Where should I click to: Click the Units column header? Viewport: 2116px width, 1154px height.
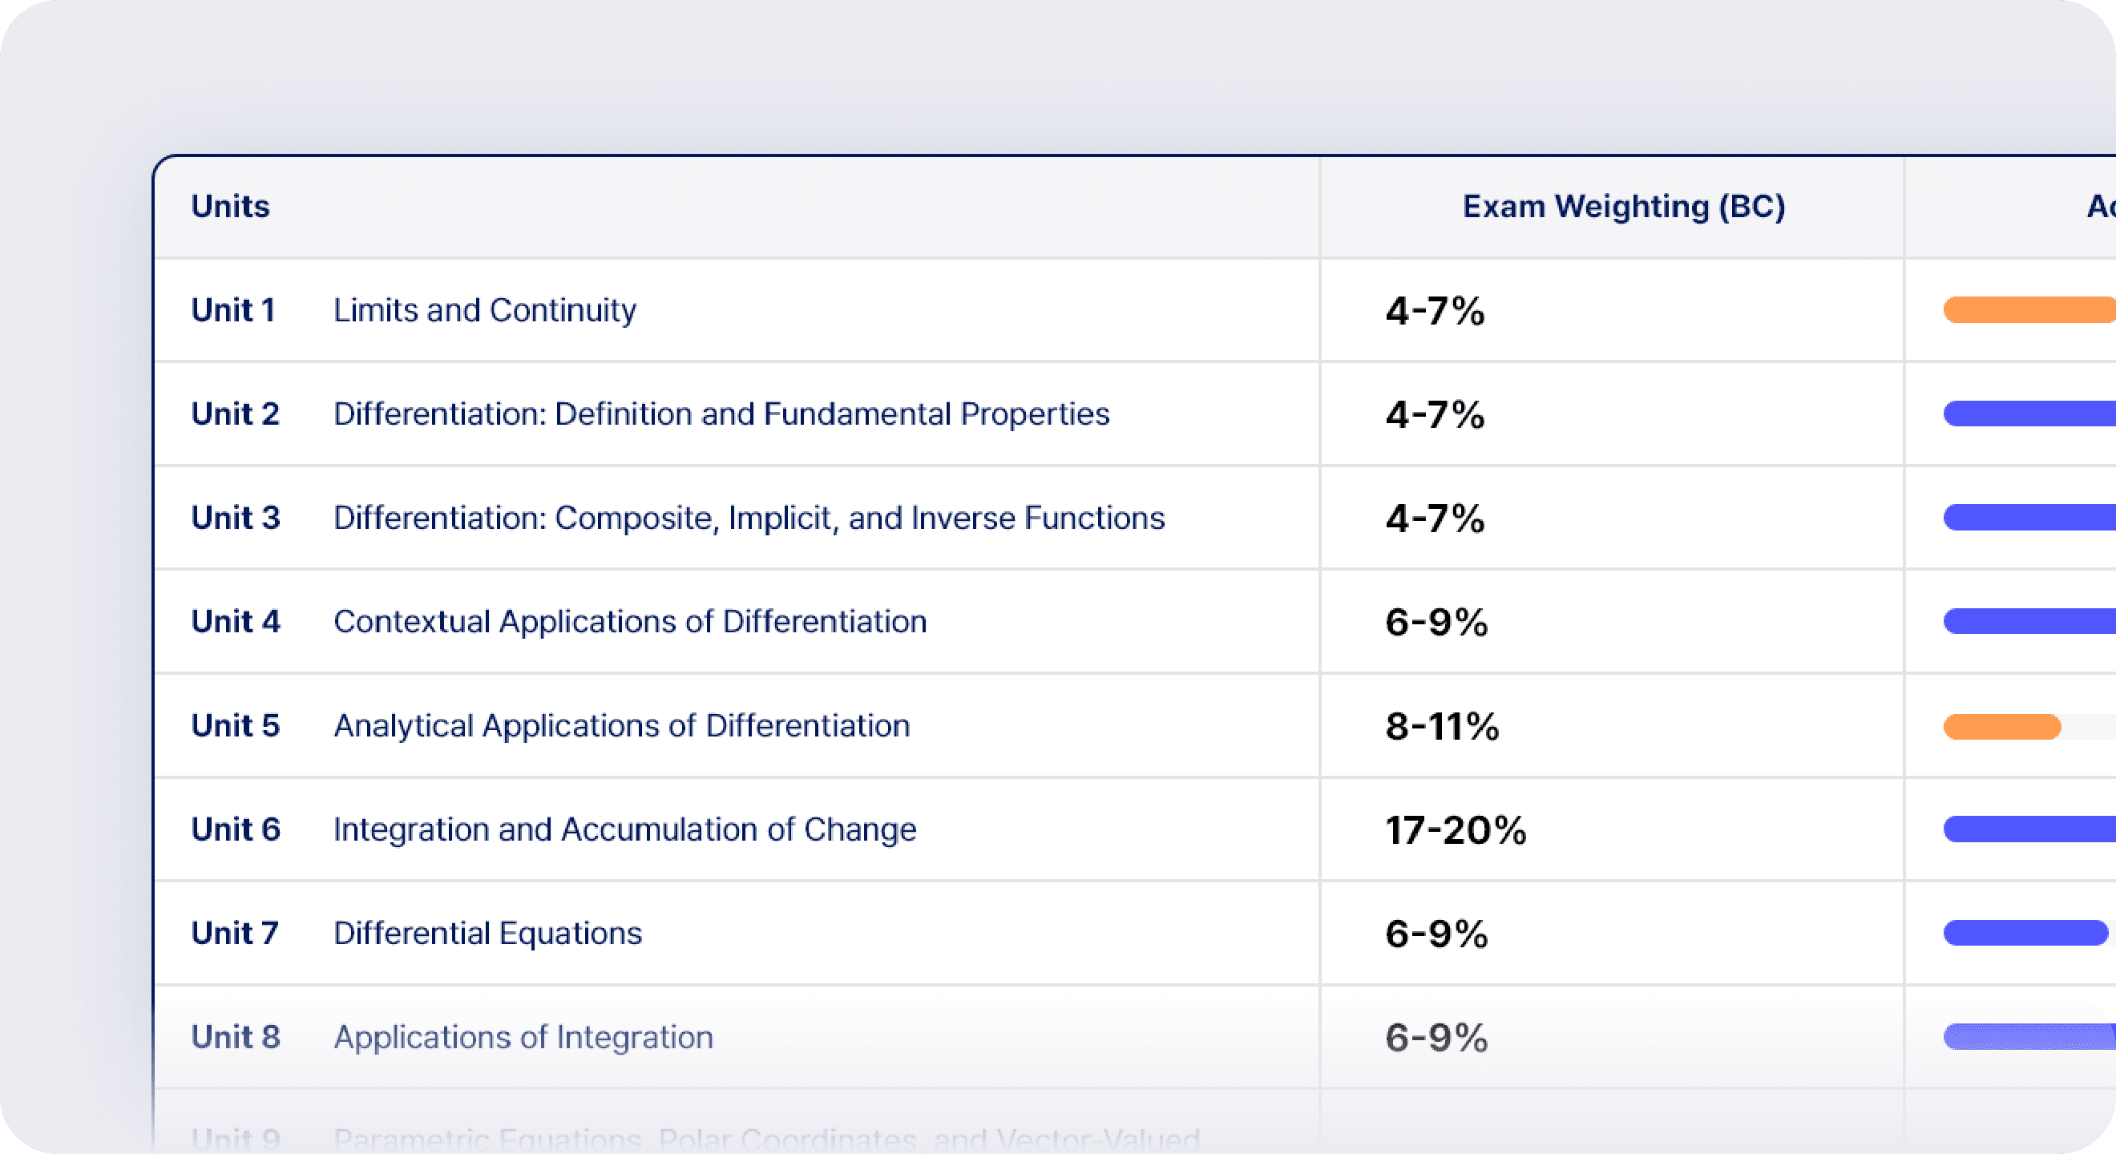[230, 206]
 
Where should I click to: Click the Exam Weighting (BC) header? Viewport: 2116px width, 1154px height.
[1623, 206]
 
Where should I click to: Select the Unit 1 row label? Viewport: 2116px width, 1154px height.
[233, 310]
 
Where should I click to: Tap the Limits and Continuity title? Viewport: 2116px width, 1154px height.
[485, 310]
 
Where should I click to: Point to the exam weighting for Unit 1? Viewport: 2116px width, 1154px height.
[1434, 311]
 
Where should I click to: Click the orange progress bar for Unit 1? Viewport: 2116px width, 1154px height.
[2027, 309]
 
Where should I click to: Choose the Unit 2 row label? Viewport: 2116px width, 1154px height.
[235, 414]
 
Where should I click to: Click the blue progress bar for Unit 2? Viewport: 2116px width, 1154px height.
[2027, 414]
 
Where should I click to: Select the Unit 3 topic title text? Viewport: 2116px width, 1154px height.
[749, 518]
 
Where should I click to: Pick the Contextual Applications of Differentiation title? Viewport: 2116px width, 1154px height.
[630, 622]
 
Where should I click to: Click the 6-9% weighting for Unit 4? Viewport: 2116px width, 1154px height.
[1436, 623]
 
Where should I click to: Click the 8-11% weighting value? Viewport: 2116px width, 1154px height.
[1442, 727]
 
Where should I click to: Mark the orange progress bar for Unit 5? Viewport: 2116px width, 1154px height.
[2002, 727]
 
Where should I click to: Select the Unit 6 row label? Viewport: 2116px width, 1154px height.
[236, 829]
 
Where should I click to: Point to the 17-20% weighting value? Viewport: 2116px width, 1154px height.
[1456, 830]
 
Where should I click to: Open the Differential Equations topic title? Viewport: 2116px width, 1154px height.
[487, 934]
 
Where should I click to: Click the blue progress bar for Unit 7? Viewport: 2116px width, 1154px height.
[2025, 933]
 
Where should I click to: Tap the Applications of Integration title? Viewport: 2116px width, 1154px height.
[523, 1037]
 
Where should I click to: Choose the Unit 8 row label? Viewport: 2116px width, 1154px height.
[236, 1037]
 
